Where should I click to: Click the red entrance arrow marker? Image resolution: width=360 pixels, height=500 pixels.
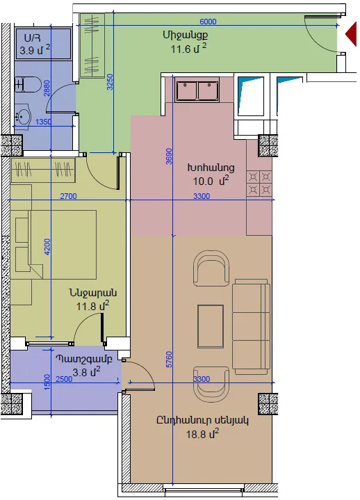(352, 33)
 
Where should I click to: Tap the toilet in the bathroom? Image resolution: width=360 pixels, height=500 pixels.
(28, 85)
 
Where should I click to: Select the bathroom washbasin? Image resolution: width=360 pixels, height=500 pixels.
(23, 115)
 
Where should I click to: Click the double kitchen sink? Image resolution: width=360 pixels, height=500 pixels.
(197, 90)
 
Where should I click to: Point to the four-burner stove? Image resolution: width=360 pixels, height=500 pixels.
(259, 184)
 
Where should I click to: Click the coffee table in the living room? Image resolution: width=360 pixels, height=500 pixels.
(211, 326)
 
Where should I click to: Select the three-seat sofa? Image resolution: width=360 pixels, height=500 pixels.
(251, 326)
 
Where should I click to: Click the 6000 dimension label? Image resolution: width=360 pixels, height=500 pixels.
(208, 22)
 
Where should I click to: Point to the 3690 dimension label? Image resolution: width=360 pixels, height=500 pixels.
(169, 156)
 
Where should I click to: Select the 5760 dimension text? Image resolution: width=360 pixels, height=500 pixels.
(169, 359)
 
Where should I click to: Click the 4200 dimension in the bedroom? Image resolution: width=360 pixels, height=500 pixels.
(47, 247)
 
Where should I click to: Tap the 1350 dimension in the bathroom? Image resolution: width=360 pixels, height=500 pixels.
(43, 122)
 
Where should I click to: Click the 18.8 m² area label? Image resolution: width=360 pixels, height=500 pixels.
(203, 434)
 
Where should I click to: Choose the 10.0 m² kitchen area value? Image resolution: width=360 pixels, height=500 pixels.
(211, 181)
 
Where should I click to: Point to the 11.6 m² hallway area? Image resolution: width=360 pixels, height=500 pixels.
(189, 49)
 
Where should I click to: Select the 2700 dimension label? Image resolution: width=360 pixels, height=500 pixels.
(69, 196)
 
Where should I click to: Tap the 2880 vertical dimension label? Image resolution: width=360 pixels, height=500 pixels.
(47, 88)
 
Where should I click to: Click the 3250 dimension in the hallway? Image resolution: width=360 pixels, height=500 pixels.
(110, 82)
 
